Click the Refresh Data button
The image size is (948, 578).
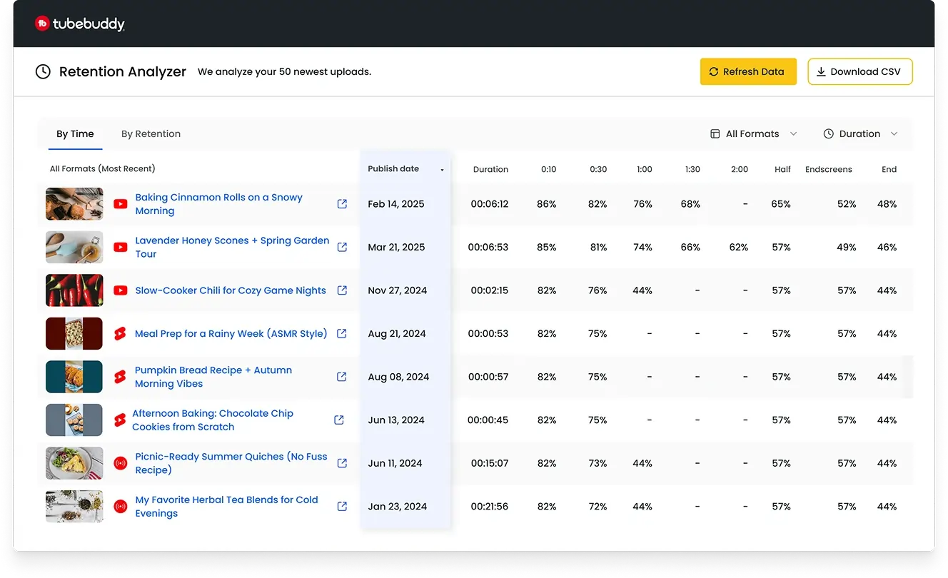(747, 71)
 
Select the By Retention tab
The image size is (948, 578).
(151, 133)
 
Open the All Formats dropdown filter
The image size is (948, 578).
(754, 133)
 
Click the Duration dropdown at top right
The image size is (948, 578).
(859, 133)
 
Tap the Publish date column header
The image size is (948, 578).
(393, 169)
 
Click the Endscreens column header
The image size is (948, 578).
(828, 169)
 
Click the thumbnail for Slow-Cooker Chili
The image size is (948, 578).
(74, 290)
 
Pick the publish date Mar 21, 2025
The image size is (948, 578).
(396, 247)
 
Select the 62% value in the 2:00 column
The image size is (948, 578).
(739, 247)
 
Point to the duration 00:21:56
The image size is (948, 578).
(489, 507)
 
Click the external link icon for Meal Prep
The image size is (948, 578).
(342, 333)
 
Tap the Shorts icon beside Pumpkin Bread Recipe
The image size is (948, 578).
(120, 377)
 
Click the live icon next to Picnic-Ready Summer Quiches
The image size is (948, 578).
(120, 463)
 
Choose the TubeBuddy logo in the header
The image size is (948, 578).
(80, 24)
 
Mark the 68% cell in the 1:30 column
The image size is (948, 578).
(690, 204)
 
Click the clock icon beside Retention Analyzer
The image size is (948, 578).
(43, 71)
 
